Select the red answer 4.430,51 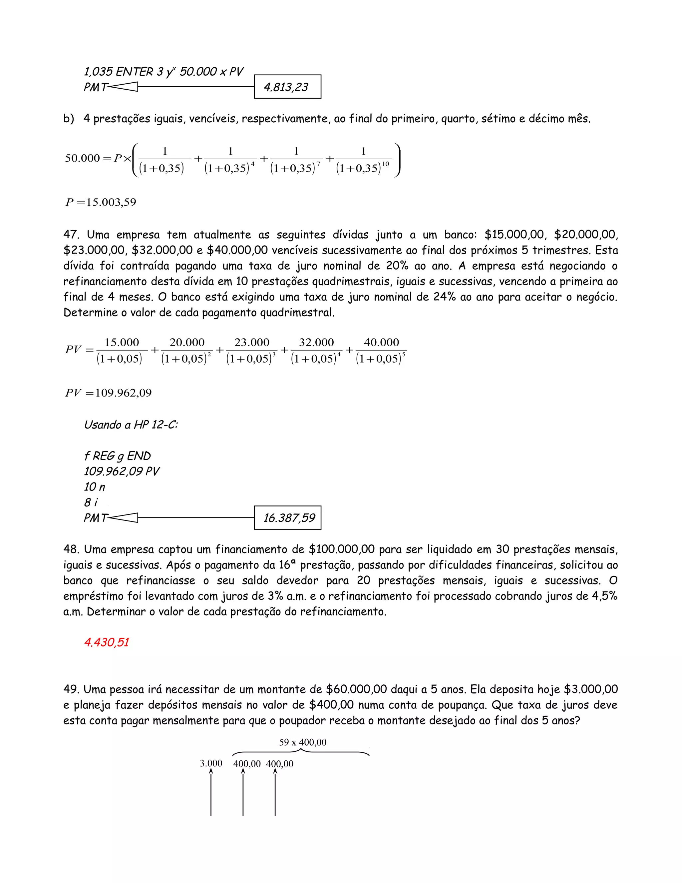pos(106,642)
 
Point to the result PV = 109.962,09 pos(108,393)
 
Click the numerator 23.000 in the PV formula pos(252,343)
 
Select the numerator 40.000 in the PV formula pos(381,343)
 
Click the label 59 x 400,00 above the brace pos(303,742)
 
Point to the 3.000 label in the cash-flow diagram pos(211,763)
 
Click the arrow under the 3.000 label pos(211,792)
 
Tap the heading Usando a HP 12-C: pos(131,425)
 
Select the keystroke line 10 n pos(94,487)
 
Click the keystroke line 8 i pos(91,502)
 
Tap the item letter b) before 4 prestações pos(69,119)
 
